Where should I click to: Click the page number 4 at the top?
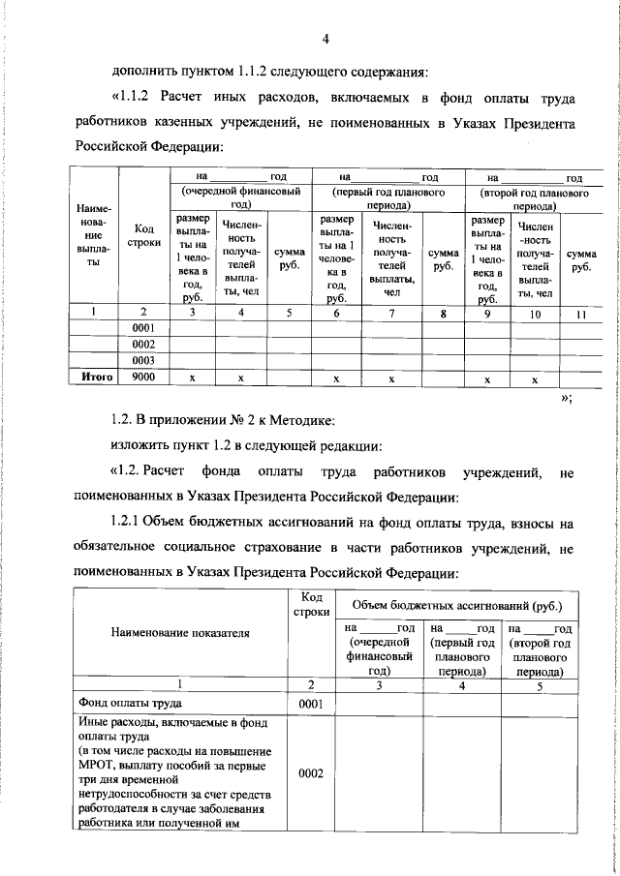click(x=326, y=38)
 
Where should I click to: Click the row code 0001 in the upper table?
click(x=143, y=328)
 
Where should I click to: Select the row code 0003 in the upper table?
click(x=143, y=360)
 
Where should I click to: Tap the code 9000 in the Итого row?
click(x=143, y=377)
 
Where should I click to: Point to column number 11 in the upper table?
click(x=581, y=313)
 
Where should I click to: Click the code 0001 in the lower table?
click(x=310, y=704)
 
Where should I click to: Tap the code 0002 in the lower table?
click(x=310, y=773)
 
